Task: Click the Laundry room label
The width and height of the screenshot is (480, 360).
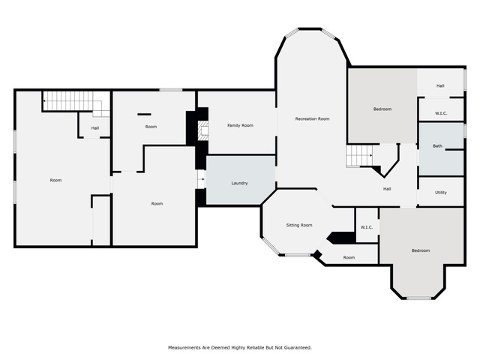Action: (x=239, y=183)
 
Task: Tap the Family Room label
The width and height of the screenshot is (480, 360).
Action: (x=240, y=125)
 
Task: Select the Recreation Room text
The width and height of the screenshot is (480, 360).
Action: (x=312, y=118)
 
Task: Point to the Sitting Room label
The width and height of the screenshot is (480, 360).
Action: (x=299, y=225)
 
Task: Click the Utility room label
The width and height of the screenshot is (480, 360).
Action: (x=441, y=193)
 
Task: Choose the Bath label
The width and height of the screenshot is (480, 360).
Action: (x=437, y=146)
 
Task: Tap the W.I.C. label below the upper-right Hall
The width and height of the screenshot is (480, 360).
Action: (x=441, y=113)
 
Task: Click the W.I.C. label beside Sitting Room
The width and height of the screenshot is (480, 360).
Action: (x=367, y=227)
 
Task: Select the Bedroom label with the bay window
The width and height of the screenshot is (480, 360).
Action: (x=421, y=250)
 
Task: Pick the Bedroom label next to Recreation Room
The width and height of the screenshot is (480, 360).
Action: (x=382, y=109)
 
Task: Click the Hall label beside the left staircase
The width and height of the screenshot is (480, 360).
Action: (x=95, y=128)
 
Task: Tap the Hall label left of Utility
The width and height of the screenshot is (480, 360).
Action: (x=387, y=189)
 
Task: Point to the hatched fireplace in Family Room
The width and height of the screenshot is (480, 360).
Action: (x=203, y=130)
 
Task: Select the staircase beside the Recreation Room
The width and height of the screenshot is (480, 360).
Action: (x=359, y=156)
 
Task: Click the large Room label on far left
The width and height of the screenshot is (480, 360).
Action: (x=55, y=180)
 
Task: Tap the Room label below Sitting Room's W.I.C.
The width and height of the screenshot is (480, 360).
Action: (x=349, y=257)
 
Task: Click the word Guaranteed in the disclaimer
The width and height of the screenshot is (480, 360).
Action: (x=298, y=347)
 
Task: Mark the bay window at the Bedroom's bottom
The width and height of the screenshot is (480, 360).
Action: (x=418, y=298)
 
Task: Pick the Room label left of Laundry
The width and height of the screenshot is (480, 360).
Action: (x=157, y=203)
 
